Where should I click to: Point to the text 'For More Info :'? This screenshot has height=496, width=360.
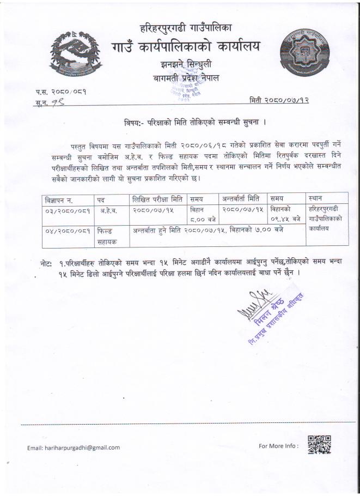[x=278, y=446]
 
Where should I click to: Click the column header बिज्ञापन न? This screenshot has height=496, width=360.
[x=63, y=199]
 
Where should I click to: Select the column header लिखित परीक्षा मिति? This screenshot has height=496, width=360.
[x=156, y=198]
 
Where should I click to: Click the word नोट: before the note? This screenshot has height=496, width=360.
[x=46, y=264]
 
